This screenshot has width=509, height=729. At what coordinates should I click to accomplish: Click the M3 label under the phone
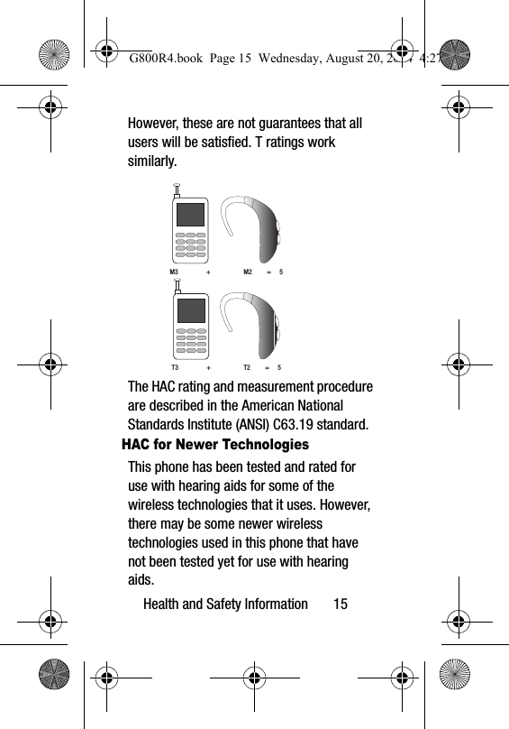pos(175,272)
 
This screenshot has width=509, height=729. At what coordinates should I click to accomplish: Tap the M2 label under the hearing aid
pos(248,272)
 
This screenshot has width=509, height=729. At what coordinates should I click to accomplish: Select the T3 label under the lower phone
pos(175,368)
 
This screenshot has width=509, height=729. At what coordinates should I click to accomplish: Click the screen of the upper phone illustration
pos(190,215)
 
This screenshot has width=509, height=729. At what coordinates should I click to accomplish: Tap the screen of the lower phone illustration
pos(190,310)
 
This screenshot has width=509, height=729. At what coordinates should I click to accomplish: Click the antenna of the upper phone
pos(177,191)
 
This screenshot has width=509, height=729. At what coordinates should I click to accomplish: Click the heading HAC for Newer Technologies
pos(214,446)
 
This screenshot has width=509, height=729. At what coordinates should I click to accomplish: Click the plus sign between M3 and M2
pos(209,272)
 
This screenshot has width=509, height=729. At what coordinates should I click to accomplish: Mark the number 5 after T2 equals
pos(279,368)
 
